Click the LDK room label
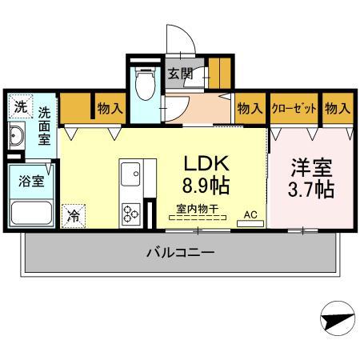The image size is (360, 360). coord(207,164)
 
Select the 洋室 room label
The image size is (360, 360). coord(311,169)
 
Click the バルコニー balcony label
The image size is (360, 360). coord(180,252)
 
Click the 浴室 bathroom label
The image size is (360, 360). coord(32,180)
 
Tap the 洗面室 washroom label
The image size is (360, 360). coord(46,126)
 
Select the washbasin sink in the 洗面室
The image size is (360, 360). coord(18,136)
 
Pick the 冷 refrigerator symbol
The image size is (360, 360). coord(74,214)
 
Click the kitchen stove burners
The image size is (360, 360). coord(130,212)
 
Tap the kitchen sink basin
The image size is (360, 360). coord(130,173)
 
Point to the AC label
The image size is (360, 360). coord(249,214)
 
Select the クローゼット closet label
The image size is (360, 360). coord(294,107)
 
